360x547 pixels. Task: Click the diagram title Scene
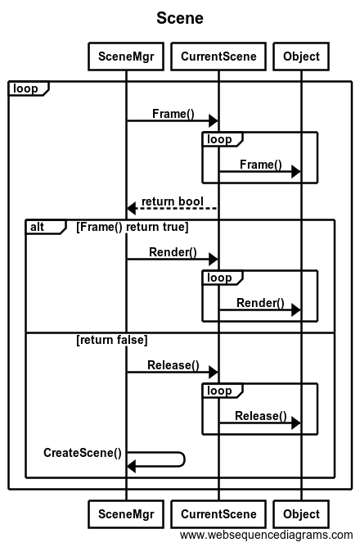pos(180,18)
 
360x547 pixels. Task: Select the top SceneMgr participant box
pos(126,57)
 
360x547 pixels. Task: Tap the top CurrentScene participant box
pos(218,57)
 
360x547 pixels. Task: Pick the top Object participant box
pos(301,57)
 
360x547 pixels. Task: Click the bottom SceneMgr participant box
pos(126,514)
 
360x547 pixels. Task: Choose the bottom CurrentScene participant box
pos(218,514)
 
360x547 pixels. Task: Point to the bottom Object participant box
pos(301,514)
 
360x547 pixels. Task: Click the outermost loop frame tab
pos(29,88)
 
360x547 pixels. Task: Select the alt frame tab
pos(46,227)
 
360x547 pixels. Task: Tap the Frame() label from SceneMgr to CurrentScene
pos(173,114)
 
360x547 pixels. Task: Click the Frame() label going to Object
pos(261,165)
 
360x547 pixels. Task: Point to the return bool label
pos(173,201)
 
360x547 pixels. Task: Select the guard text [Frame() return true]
pos(133,227)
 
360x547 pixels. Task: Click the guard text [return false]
pos(112,340)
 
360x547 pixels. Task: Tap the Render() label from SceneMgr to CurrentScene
pos(173,252)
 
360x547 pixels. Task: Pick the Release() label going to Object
pos(261,416)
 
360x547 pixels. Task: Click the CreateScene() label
pos(83,453)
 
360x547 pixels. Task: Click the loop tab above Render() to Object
pos(223,278)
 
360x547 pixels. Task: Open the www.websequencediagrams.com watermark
pos(267,535)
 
